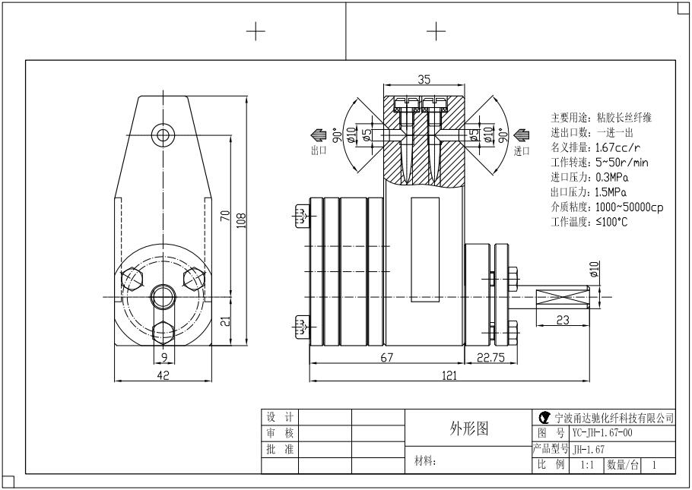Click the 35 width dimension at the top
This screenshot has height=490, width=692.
[x=424, y=78]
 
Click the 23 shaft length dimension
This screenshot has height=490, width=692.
[x=563, y=321]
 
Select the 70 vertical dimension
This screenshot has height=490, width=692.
[x=225, y=216]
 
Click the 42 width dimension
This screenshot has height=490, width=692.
[x=163, y=375]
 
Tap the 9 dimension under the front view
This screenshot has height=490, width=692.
[x=163, y=356]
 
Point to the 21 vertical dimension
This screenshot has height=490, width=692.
[x=225, y=321]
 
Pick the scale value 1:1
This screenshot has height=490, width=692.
[x=587, y=464]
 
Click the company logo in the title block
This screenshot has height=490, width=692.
[x=543, y=418]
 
